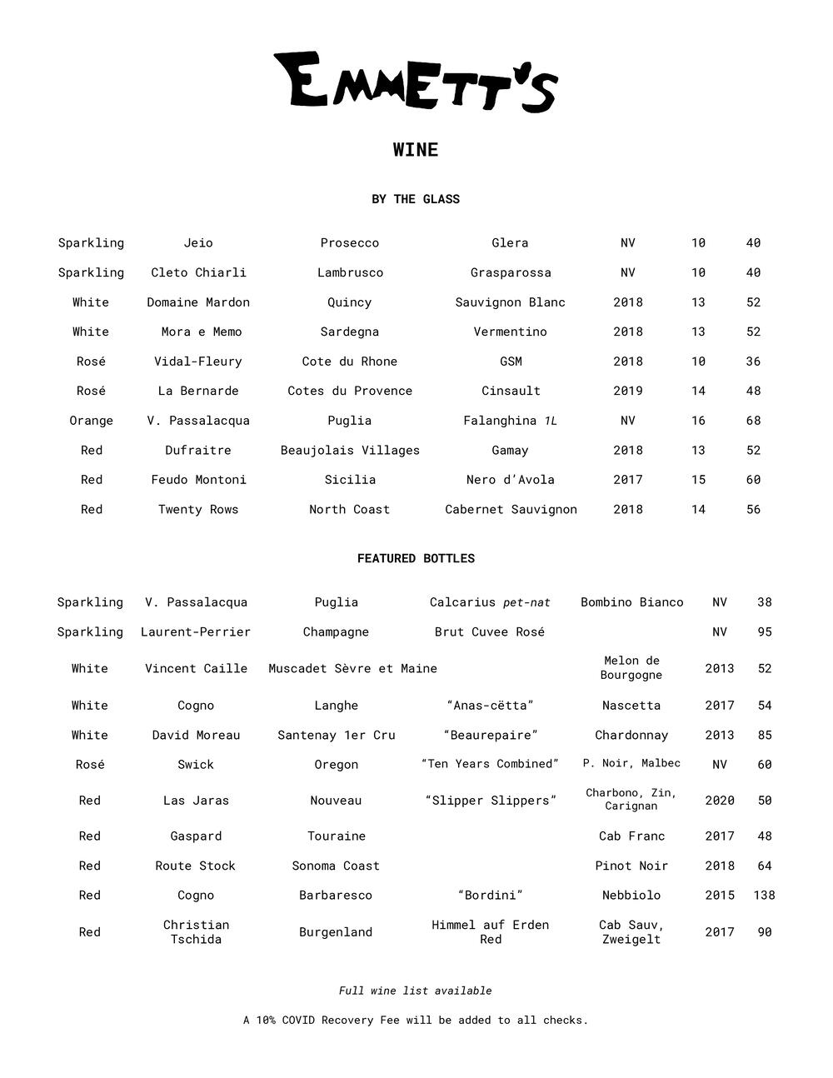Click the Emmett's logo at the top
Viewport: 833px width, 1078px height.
coord(416,82)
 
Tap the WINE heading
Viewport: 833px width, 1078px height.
coord(416,150)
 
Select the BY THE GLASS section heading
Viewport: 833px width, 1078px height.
coord(416,199)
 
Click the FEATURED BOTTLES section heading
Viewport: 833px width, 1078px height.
coord(416,558)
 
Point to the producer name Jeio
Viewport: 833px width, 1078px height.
coord(198,242)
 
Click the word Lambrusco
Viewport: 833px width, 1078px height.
coord(350,272)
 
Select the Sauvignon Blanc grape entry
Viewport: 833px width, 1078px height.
coord(510,302)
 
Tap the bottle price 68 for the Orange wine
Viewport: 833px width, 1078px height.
coord(753,420)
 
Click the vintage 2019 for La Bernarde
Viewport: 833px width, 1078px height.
coord(627,391)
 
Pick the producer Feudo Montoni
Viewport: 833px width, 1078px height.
coord(198,479)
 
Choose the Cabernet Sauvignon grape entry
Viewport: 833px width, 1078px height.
coord(511,509)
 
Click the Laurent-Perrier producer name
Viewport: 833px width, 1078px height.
coord(196,631)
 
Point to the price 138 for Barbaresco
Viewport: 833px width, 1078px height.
coord(764,895)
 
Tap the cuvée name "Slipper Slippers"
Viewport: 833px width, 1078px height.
coord(491,800)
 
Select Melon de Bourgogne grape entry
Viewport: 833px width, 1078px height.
coord(631,667)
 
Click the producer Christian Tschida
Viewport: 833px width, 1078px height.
coord(196,931)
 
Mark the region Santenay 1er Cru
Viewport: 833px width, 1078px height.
coord(336,735)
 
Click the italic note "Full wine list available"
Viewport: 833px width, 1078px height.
coord(416,991)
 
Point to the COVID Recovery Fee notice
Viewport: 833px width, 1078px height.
coord(416,1020)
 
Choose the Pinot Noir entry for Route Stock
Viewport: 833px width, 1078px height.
coord(631,866)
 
